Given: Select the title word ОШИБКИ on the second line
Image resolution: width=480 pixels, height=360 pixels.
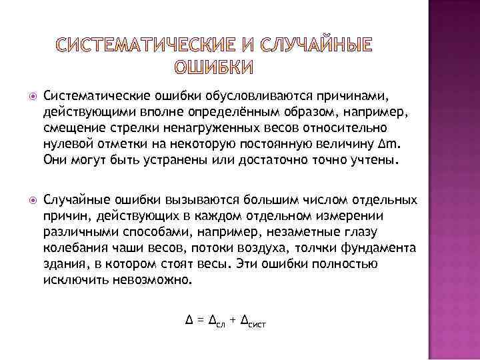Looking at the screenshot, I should pyautogui.click(x=214, y=68).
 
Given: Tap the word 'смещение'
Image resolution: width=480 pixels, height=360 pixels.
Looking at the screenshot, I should pyautogui.click(x=70, y=127).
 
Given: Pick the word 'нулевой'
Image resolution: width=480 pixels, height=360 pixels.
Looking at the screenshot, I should pyautogui.click(x=64, y=143).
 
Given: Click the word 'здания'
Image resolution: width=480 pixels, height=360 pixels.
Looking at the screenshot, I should pyautogui.click(x=63, y=264).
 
